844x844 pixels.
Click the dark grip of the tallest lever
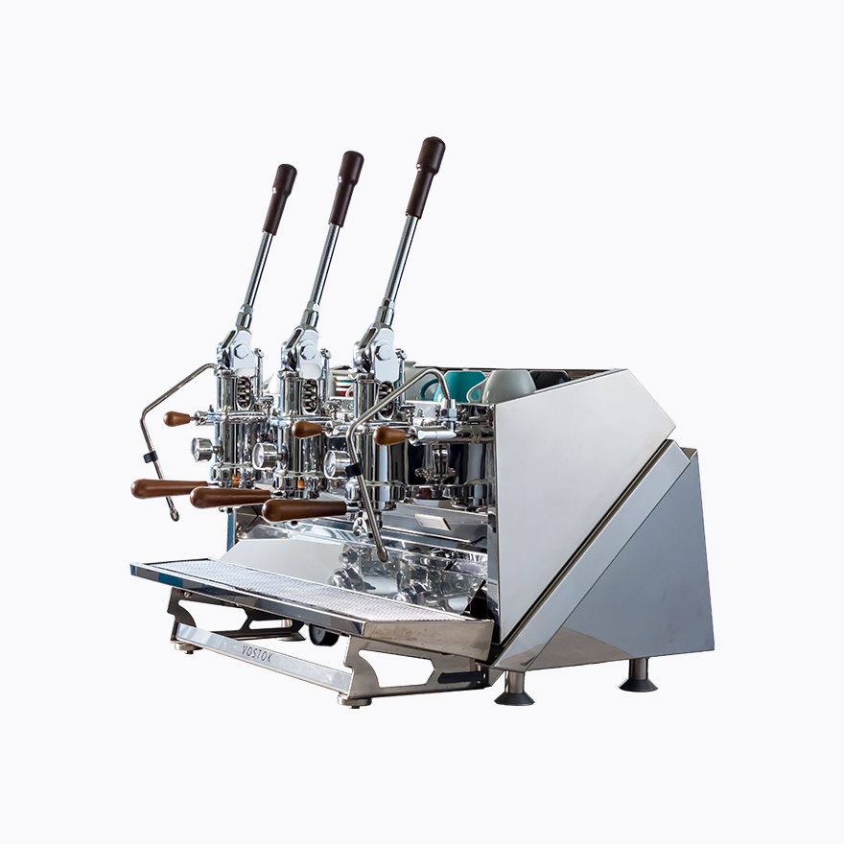(426, 176)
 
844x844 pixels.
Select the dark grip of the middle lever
(346, 188)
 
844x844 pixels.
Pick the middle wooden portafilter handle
(230, 498)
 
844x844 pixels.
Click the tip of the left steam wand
(175, 517)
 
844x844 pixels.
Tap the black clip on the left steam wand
(149, 458)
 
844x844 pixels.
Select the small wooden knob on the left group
(177, 419)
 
